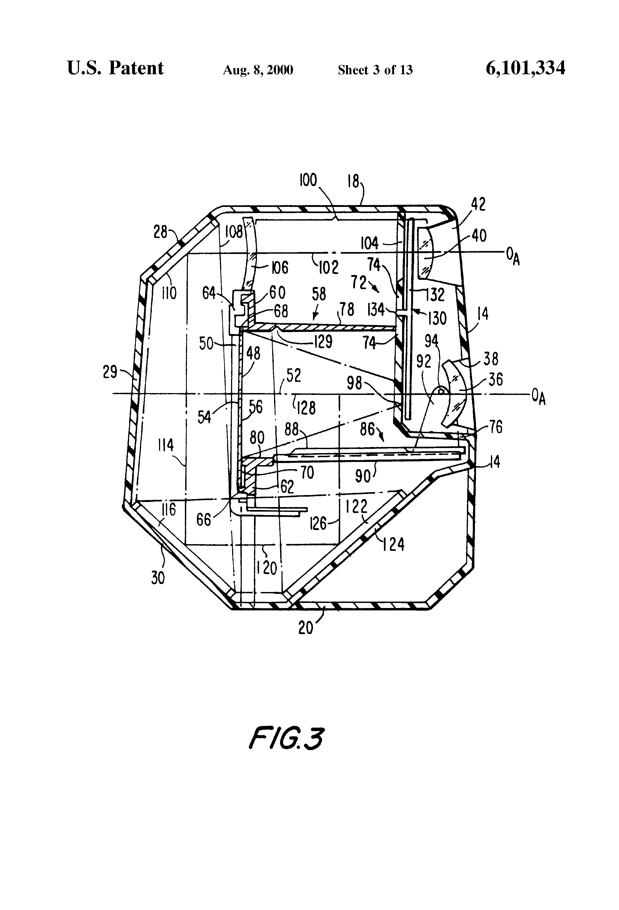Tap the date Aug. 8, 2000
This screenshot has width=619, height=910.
tap(258, 70)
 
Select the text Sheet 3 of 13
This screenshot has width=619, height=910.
tap(375, 70)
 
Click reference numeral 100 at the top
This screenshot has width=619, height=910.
tap(308, 180)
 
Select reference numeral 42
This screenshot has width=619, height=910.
tap(478, 204)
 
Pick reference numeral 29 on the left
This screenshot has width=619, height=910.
tap(110, 372)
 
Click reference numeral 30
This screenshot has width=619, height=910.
tap(158, 578)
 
